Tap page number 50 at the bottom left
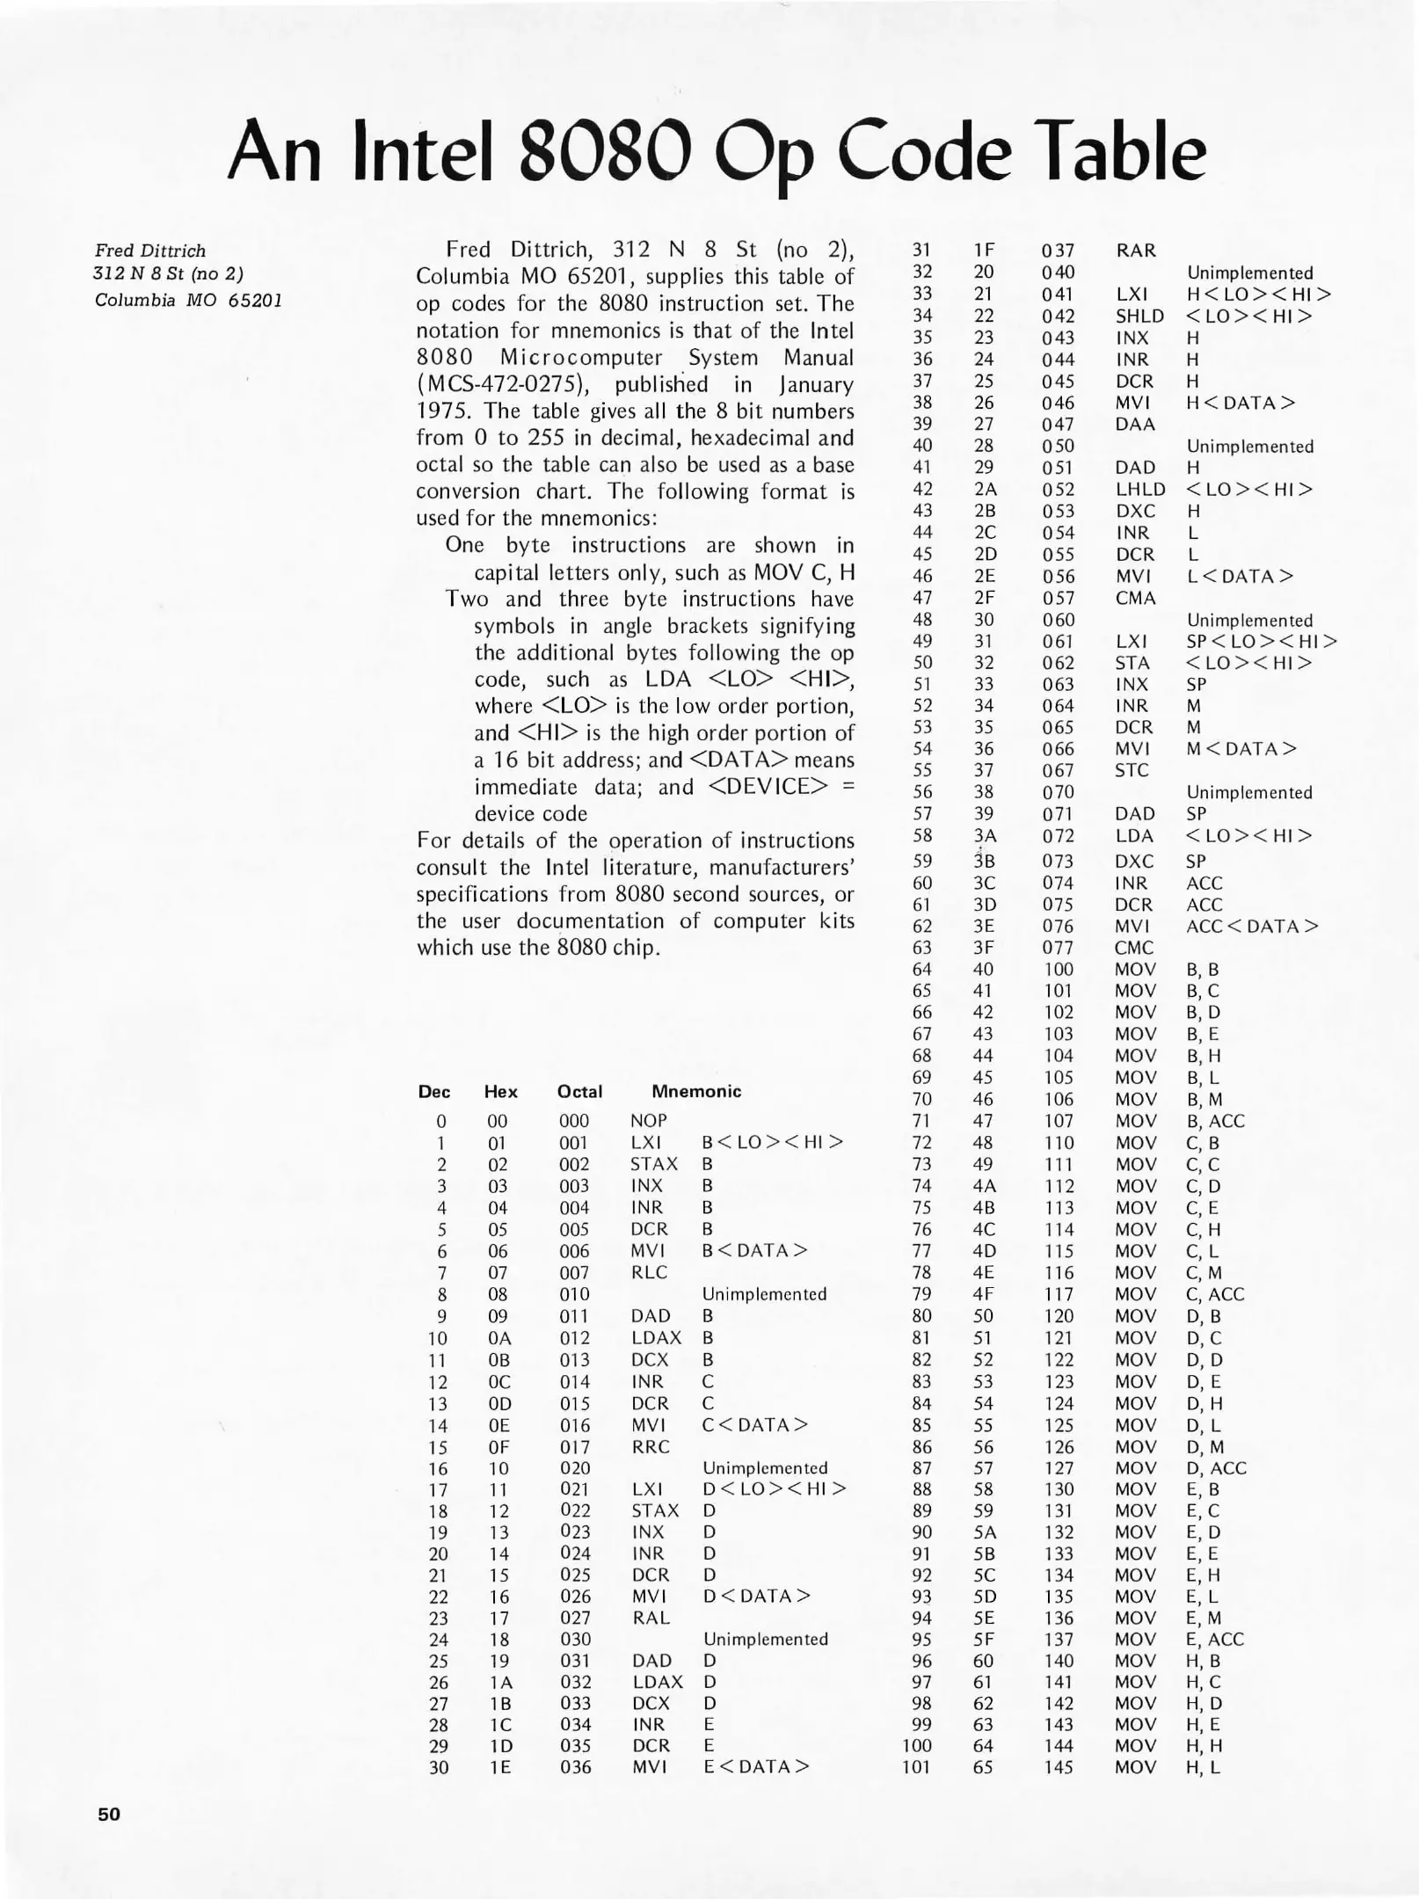[x=109, y=1814]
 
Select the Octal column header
[x=579, y=1092]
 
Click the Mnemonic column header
[x=695, y=1091]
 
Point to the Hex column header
[x=500, y=1092]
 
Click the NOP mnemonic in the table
[x=648, y=1121]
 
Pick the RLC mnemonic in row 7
[x=648, y=1272]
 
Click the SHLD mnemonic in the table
[x=1139, y=316]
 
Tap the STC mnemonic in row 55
[x=1132, y=770]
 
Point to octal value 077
[x=1058, y=948]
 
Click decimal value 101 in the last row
[x=915, y=1767]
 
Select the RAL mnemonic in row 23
[x=650, y=1618]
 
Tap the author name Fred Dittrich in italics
[x=149, y=251]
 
